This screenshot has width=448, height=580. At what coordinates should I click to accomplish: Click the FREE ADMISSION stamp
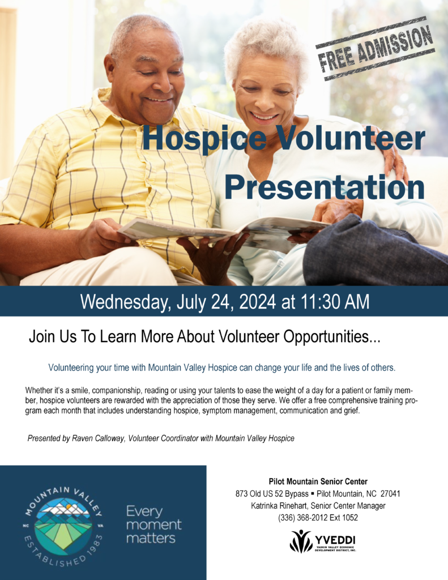[375, 49]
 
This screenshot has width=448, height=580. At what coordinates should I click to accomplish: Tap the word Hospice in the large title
[204, 138]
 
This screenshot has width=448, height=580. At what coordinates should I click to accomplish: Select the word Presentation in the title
[325, 187]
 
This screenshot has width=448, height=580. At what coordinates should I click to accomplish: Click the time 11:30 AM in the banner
[335, 301]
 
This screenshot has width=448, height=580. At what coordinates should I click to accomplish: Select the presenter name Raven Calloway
[98, 438]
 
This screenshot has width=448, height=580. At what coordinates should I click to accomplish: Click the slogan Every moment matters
[153, 524]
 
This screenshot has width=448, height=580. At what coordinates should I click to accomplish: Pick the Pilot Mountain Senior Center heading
[318, 481]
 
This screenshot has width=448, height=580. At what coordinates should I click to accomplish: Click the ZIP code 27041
[390, 494]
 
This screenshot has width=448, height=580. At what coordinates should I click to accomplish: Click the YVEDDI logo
[323, 541]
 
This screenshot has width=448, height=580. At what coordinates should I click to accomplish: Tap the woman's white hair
[266, 42]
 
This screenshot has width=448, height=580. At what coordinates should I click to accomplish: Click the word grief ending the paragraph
[352, 411]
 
